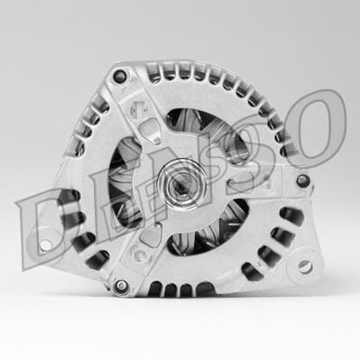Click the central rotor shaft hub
pyautogui.click(x=182, y=184)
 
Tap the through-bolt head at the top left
pyautogui.click(x=120, y=75)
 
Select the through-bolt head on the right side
pyautogui.click(x=302, y=180)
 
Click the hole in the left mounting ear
pyautogui.click(x=45, y=245)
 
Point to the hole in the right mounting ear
pyautogui.click(x=304, y=266)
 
